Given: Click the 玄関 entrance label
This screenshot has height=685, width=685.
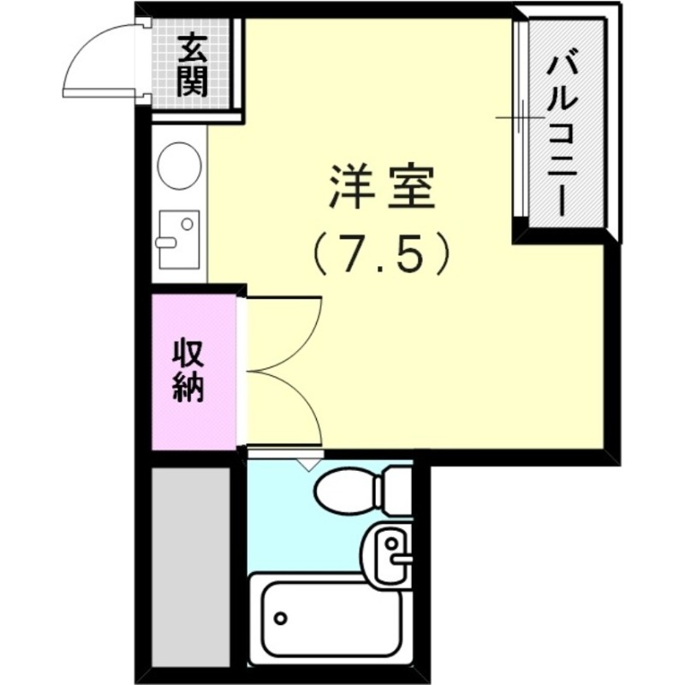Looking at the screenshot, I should (194, 64).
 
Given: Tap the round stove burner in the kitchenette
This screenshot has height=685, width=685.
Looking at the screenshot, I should (180, 164).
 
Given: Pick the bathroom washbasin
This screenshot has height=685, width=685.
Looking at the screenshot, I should (390, 551).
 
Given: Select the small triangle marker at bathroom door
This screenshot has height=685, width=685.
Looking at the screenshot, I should (306, 463).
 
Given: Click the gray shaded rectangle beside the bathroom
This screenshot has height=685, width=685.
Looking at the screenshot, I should (190, 565).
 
